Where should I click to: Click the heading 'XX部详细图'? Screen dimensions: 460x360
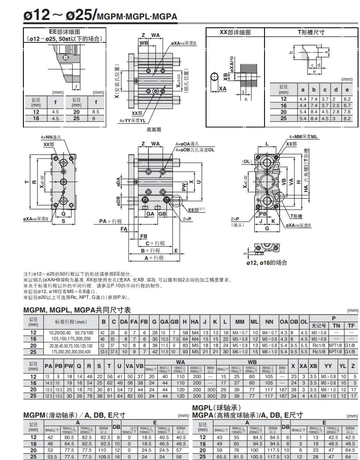coord(235,32)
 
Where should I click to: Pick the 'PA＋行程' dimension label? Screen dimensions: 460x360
coord(110,221)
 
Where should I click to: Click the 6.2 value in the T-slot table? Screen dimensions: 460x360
coord(347,98)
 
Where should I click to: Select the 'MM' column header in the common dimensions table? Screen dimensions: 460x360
coord(240,322)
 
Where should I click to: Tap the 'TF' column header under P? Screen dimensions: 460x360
coord(350,326)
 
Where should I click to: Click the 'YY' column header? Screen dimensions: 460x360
coord(329,366)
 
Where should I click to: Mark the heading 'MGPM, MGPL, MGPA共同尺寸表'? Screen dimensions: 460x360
coord(77,310)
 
